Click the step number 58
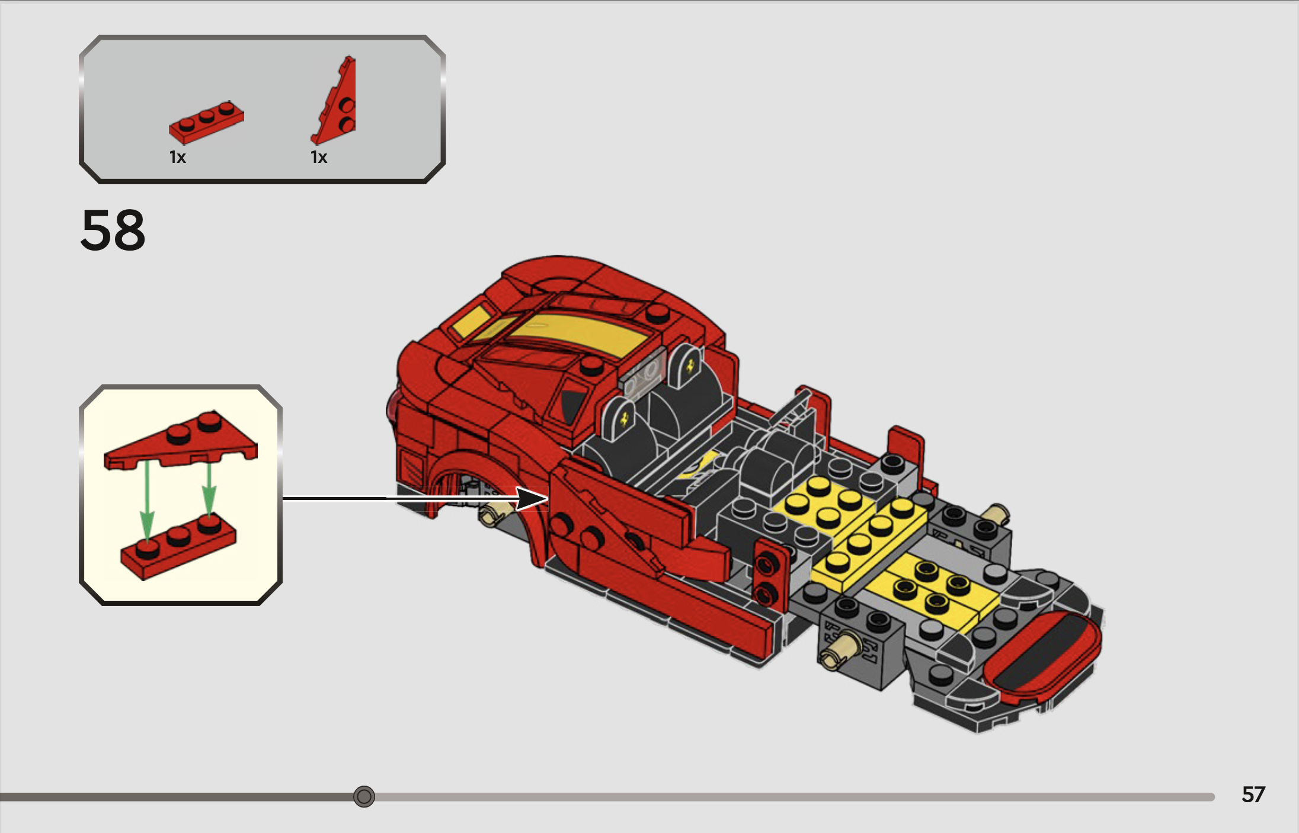113,230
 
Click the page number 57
1253,794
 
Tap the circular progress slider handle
364,796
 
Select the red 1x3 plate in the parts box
206,121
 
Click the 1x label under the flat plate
178,157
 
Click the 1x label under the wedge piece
319,157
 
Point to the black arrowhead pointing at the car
532,498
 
